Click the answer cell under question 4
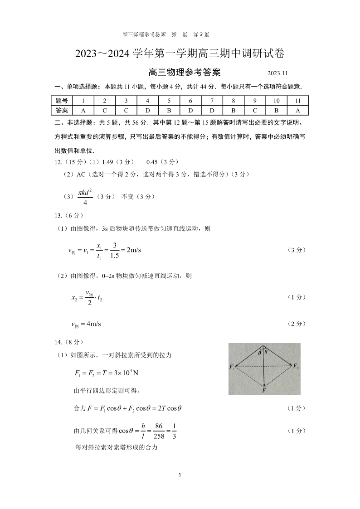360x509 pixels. [x=147, y=110]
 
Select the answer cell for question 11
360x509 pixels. [x=297, y=110]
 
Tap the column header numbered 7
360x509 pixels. [x=212, y=101]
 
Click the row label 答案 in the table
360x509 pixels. [x=62, y=110]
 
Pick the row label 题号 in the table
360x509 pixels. [x=62, y=101]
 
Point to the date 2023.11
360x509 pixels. [x=277, y=73]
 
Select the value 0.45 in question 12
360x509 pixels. [x=154, y=162]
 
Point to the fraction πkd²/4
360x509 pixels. [x=85, y=197]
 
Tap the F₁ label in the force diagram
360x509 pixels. [x=232, y=367]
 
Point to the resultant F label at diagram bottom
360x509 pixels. [x=264, y=390]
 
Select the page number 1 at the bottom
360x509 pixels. [x=180, y=475]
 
